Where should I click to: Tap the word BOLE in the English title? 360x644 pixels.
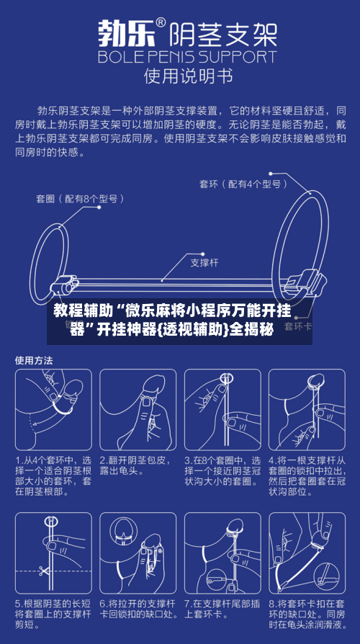(x=119, y=56)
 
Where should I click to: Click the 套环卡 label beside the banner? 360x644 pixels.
(x=297, y=326)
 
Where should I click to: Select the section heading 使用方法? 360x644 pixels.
(x=34, y=359)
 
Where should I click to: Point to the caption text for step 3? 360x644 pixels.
(x=222, y=471)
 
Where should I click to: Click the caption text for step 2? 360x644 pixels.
(x=137, y=465)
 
